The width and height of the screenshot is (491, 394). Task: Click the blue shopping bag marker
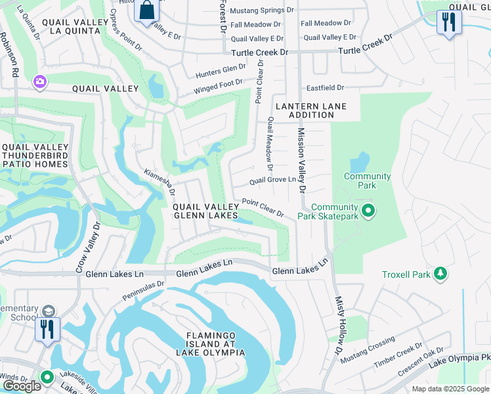148,11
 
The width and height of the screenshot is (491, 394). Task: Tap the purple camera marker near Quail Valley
40,81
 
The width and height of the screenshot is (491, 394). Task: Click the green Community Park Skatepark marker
368,211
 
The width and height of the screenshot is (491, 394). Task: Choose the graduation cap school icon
48,311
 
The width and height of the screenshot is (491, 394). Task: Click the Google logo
22,386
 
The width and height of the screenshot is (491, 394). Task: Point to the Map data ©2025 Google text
450,389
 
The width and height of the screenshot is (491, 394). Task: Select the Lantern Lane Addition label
310,110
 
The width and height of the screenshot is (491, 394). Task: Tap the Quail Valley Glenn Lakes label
206,211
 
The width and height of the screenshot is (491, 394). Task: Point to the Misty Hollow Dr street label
339,332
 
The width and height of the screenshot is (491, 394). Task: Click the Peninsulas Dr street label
143,292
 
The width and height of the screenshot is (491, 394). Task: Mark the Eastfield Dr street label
326,87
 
